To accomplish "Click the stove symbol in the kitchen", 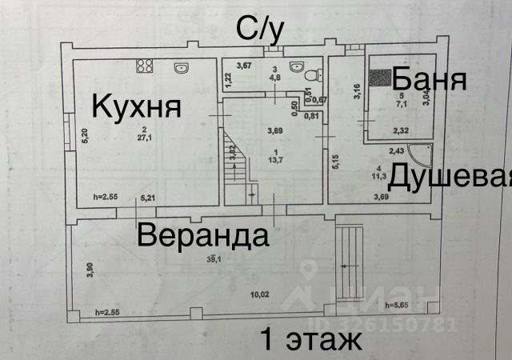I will [x=145, y=66].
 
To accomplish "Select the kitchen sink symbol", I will [x=180, y=67].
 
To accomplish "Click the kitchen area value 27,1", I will [x=144, y=137].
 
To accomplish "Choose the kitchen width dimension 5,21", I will [x=147, y=197].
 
